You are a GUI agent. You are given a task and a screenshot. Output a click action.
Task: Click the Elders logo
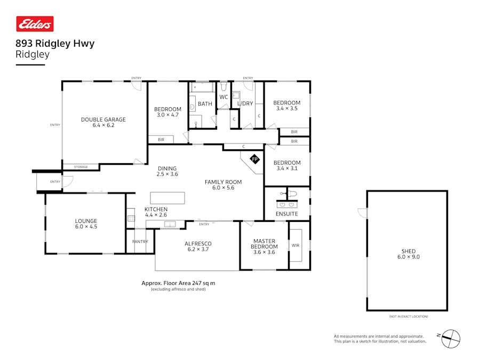click(35, 24)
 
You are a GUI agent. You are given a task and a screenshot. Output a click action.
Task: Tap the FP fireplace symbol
click(254, 159)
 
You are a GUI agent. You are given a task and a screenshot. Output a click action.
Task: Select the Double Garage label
click(103, 119)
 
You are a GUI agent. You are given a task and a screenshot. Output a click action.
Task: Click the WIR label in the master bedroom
click(295, 246)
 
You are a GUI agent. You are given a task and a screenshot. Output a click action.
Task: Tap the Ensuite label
click(287, 214)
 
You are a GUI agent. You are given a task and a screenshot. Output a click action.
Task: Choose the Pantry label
click(140, 242)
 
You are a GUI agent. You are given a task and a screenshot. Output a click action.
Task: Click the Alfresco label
click(197, 244)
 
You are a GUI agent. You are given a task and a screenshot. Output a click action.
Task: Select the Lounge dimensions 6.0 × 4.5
click(85, 227)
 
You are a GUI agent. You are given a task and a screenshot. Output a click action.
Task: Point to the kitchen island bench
click(167, 198)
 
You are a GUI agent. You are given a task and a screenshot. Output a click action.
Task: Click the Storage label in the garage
click(81, 167)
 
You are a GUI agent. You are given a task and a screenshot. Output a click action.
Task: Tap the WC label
click(223, 97)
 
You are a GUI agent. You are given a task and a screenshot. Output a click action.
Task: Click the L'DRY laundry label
click(245, 103)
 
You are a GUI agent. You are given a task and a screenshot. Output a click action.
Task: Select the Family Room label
click(223, 182)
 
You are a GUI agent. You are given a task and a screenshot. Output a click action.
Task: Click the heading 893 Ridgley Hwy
click(55, 44)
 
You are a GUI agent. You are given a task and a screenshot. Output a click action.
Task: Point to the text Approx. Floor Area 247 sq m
click(178, 283)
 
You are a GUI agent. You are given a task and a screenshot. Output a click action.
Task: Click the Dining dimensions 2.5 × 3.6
click(167, 174)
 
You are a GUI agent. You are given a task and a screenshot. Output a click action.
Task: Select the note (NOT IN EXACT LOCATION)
click(408, 317)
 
